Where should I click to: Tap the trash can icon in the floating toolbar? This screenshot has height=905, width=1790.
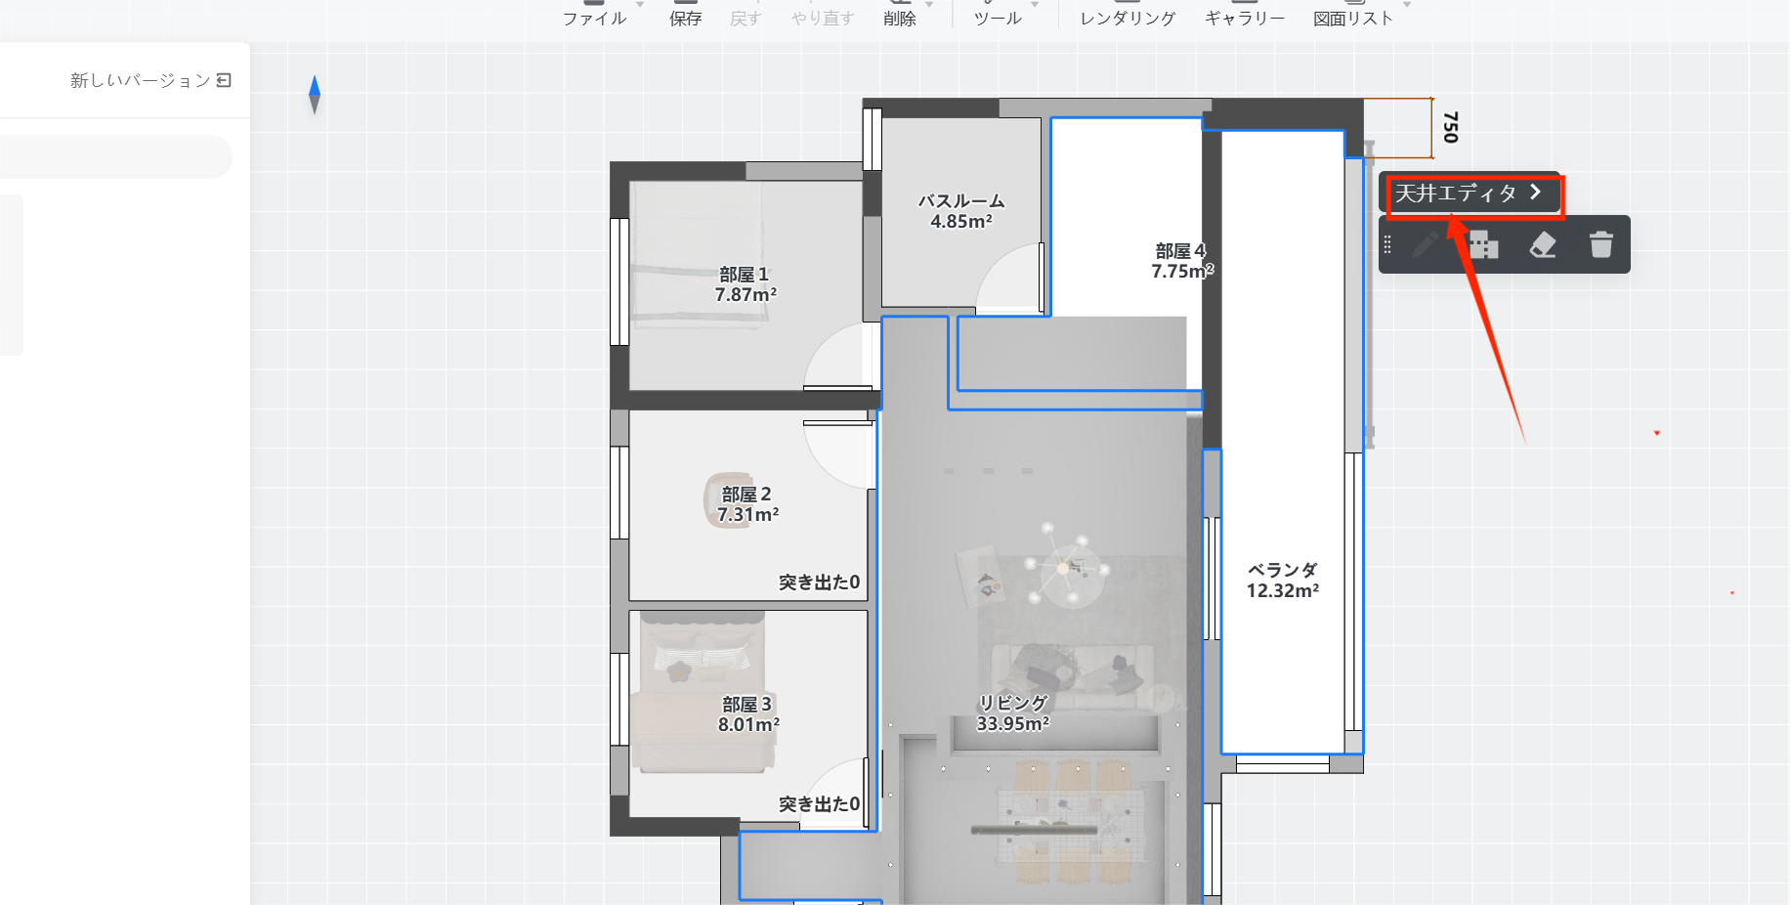point(1600,244)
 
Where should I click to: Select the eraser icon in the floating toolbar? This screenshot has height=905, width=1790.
point(1543,244)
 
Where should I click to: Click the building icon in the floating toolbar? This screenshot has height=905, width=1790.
point(1483,244)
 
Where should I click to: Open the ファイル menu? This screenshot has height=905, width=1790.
point(594,18)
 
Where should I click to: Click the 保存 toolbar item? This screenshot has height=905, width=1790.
point(685,18)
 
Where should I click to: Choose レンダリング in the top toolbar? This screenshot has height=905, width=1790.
point(1128,18)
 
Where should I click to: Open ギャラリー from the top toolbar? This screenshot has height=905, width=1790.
point(1244,18)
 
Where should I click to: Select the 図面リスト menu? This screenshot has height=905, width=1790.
point(1353,18)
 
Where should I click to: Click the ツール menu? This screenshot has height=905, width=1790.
point(998,18)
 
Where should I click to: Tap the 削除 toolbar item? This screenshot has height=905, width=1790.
point(899,18)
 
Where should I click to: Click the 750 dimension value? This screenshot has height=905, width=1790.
point(1450,127)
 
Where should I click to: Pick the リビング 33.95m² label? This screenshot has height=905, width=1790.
point(1013,713)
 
